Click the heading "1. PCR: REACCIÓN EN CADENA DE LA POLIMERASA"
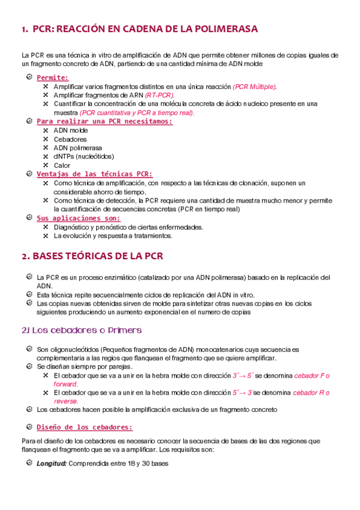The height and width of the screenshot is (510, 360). [x=139, y=29]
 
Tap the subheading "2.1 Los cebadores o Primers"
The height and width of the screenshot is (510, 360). [x=81, y=330]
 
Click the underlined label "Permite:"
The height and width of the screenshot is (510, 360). [x=52, y=78]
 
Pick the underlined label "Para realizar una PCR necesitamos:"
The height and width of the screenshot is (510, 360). [x=104, y=121]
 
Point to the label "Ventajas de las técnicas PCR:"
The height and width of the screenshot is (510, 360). [x=94, y=174]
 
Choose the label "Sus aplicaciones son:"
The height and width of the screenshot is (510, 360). [x=78, y=218]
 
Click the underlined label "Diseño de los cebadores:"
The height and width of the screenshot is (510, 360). [x=84, y=427]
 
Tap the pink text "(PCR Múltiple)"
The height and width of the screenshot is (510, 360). [x=255, y=87]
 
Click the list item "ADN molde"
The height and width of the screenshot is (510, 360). [x=70, y=130]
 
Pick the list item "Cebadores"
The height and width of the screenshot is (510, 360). [x=70, y=139]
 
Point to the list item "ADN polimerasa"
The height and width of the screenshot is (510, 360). [x=78, y=147]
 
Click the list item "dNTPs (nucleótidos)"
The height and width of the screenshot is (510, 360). [x=83, y=156]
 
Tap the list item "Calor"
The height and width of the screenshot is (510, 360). [x=62, y=165]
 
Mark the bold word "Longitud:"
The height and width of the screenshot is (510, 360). [x=51, y=464]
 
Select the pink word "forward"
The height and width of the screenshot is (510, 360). [x=65, y=384]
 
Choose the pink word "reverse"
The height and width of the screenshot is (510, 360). [x=65, y=401]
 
